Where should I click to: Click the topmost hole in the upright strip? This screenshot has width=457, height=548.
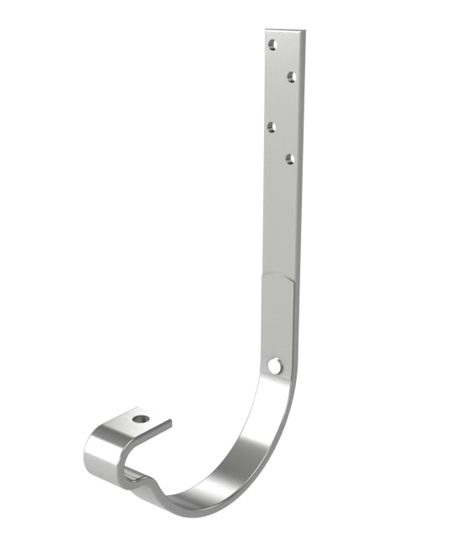coord(272,45)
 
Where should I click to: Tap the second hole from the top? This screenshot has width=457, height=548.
coord(291,77)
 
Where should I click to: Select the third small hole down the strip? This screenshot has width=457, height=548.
coord(272,127)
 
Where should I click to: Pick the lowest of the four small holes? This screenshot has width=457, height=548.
coord(289,158)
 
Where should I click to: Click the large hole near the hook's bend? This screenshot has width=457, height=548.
coord(274,365)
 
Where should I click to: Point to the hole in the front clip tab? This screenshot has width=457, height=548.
coord(140,418)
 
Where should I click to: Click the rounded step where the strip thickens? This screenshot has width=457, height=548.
coord(279,277)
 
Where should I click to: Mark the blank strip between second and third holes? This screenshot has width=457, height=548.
coord(282,103)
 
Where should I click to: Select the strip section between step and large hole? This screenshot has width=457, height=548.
coord(278,320)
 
